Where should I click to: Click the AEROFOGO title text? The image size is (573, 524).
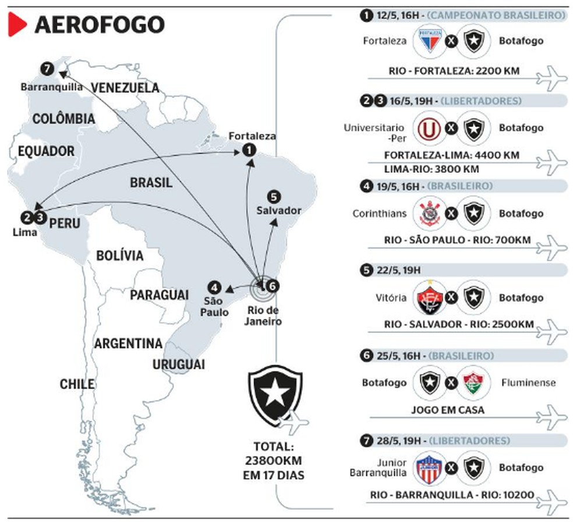point(100,25)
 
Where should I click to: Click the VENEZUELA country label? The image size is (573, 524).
point(125,88)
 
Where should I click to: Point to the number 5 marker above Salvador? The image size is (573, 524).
point(275,197)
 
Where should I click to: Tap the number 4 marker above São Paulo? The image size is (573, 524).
point(215,287)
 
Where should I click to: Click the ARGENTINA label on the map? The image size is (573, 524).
point(128,344)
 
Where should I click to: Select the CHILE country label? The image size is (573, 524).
point(76,384)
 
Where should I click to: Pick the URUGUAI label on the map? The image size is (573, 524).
point(179,364)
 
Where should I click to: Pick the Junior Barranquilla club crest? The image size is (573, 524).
point(431,468)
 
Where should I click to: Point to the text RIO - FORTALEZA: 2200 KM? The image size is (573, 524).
point(453,72)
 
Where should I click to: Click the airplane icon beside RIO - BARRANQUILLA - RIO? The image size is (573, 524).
point(551,501)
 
